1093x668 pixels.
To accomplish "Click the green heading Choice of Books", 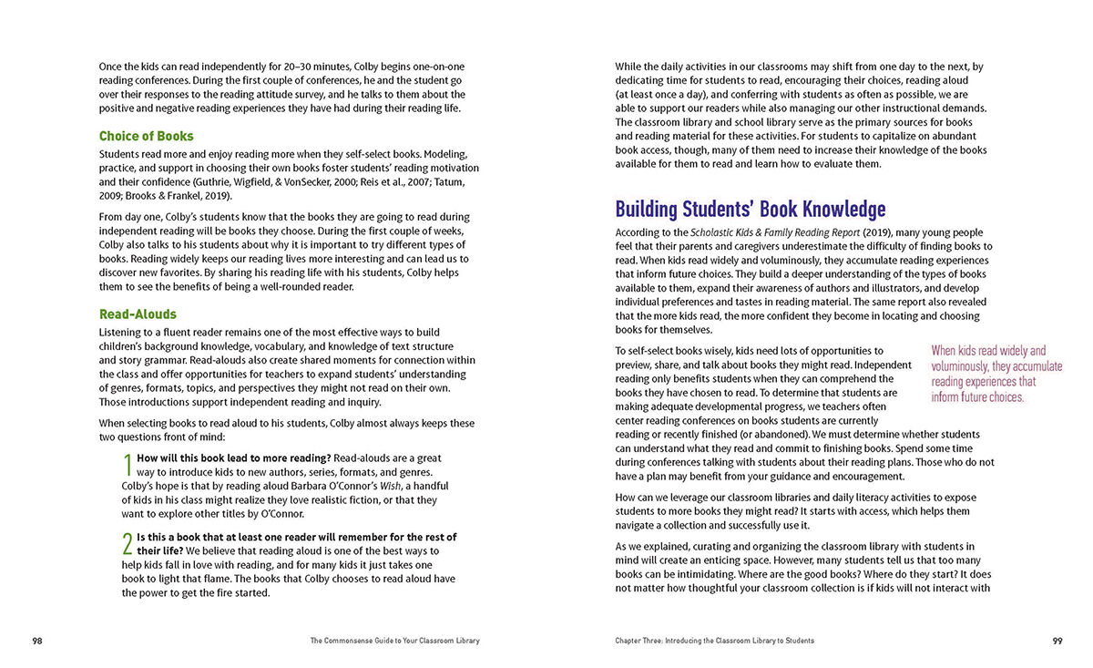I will [146, 137].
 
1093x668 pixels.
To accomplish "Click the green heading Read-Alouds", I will [138, 314].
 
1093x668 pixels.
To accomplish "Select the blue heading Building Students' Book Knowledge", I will [750, 210].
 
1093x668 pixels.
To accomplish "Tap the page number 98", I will [37, 641].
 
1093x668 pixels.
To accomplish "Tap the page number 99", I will [1057, 641].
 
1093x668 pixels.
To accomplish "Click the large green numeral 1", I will [128, 465].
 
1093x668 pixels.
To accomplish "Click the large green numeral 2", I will [128, 544].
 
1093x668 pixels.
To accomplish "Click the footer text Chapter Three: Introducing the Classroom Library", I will [714, 641].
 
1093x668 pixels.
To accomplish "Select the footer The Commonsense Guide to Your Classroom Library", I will [394, 641].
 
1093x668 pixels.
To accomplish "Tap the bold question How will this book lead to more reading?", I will [234, 457].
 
